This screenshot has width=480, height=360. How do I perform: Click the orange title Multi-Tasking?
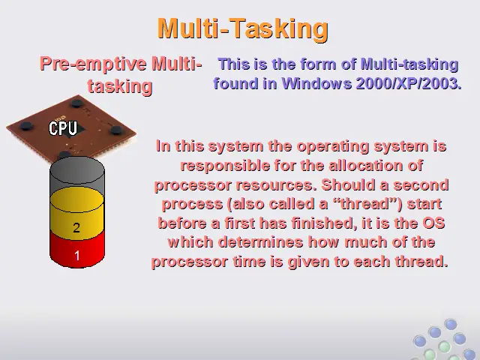pos(243,28)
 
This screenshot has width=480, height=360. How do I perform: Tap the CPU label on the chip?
pos(63,128)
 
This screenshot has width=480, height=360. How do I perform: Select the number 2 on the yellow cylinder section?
pos(76,228)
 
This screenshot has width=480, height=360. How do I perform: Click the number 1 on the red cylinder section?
pos(76,255)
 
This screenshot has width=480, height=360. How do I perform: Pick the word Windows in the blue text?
pos(316,83)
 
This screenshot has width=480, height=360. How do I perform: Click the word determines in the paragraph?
pos(261,242)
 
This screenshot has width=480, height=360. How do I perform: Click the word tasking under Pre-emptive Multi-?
pos(120,87)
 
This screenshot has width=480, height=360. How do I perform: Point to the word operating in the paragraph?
pos(333,147)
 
